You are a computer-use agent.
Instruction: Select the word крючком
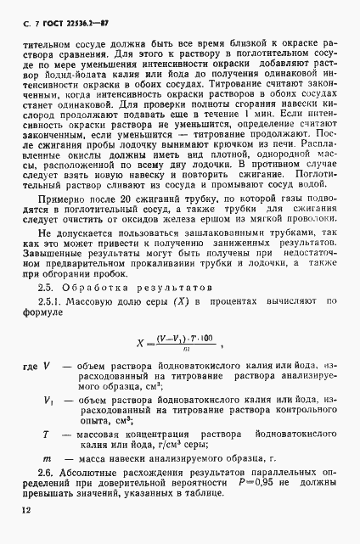point(222,144)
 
